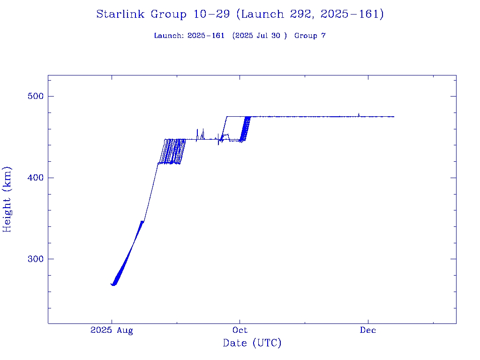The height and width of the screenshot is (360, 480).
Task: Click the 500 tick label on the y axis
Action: coord(35,97)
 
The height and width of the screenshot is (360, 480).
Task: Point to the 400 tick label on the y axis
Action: coord(35,178)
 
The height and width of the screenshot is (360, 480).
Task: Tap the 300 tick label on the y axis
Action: coord(35,259)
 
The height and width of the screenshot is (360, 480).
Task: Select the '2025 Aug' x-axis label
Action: coord(112,330)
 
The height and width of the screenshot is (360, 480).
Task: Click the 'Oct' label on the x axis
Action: coord(240,330)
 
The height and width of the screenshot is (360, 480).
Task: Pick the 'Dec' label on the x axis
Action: coord(368,330)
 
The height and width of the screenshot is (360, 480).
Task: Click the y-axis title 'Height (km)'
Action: coord(7,199)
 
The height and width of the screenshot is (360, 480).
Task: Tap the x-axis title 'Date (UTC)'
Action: coord(252,343)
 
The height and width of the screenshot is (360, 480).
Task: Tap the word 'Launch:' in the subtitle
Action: coord(169,36)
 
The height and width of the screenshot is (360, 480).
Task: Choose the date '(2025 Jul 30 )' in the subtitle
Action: coord(259,36)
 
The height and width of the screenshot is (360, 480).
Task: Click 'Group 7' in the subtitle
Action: coord(310,36)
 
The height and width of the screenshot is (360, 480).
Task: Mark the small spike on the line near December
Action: coord(359,114)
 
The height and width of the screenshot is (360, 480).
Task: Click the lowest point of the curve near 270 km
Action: coord(113,285)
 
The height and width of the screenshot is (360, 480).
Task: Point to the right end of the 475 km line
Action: coord(394,117)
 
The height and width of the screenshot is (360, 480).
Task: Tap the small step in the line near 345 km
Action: coord(142,221)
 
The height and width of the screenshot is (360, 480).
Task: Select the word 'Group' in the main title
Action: coord(168,15)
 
